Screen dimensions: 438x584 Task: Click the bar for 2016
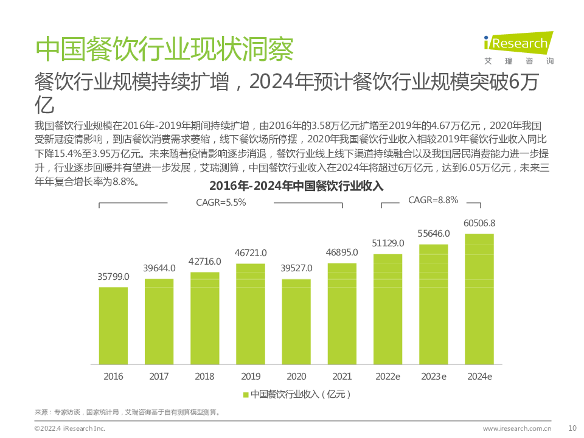113,325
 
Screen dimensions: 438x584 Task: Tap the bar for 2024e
479,299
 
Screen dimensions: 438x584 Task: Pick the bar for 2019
251,313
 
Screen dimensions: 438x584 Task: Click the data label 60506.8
479,223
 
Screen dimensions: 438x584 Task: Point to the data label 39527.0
296,268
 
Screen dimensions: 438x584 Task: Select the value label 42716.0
205,261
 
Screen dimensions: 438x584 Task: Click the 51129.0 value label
388,243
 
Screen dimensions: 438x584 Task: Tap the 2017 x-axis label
159,377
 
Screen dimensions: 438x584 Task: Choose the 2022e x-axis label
388,377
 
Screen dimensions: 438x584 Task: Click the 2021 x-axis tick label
342,377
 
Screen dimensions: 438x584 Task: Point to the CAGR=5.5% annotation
220,203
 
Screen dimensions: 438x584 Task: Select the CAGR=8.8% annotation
433,200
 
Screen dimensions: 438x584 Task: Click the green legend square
246,395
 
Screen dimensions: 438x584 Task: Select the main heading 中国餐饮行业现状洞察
164,49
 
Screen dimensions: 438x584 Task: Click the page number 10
572,428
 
